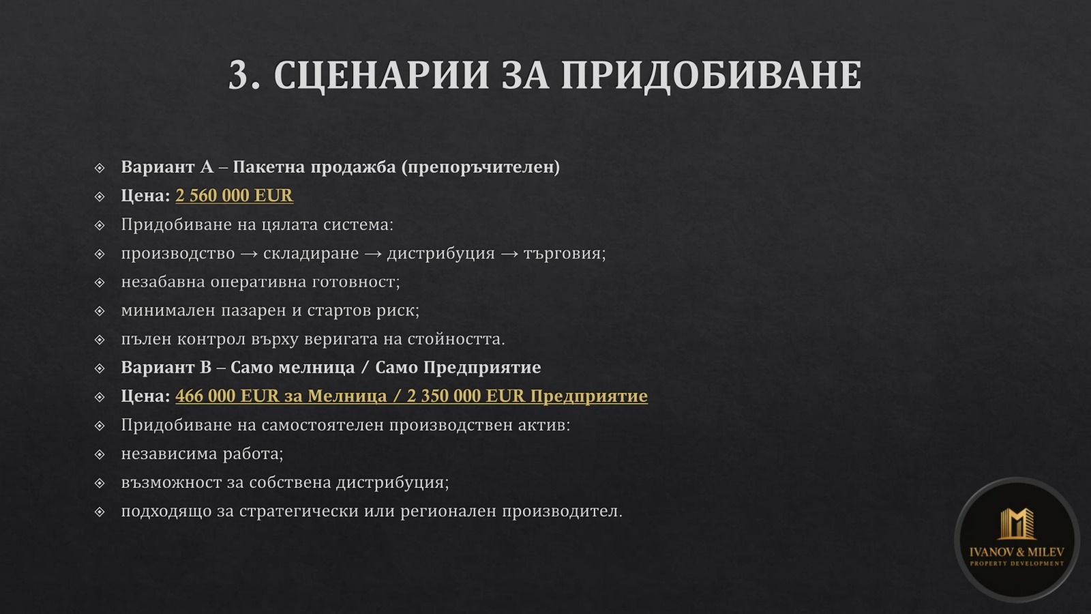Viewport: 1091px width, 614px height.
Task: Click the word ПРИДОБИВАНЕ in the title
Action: point(711,75)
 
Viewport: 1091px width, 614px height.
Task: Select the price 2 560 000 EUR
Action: point(234,196)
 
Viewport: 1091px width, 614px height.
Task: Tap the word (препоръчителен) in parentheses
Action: point(480,167)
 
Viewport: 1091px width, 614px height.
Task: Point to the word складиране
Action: point(311,253)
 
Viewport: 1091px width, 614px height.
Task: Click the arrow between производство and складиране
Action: point(249,254)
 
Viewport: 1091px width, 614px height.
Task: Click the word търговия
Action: point(564,253)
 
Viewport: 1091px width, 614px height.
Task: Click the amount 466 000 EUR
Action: point(227,396)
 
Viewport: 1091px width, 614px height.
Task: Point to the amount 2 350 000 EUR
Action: point(466,396)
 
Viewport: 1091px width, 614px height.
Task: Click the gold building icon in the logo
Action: point(1016,524)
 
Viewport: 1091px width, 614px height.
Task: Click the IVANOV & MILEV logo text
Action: point(1017,552)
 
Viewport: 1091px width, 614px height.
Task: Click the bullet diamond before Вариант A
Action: point(100,167)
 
